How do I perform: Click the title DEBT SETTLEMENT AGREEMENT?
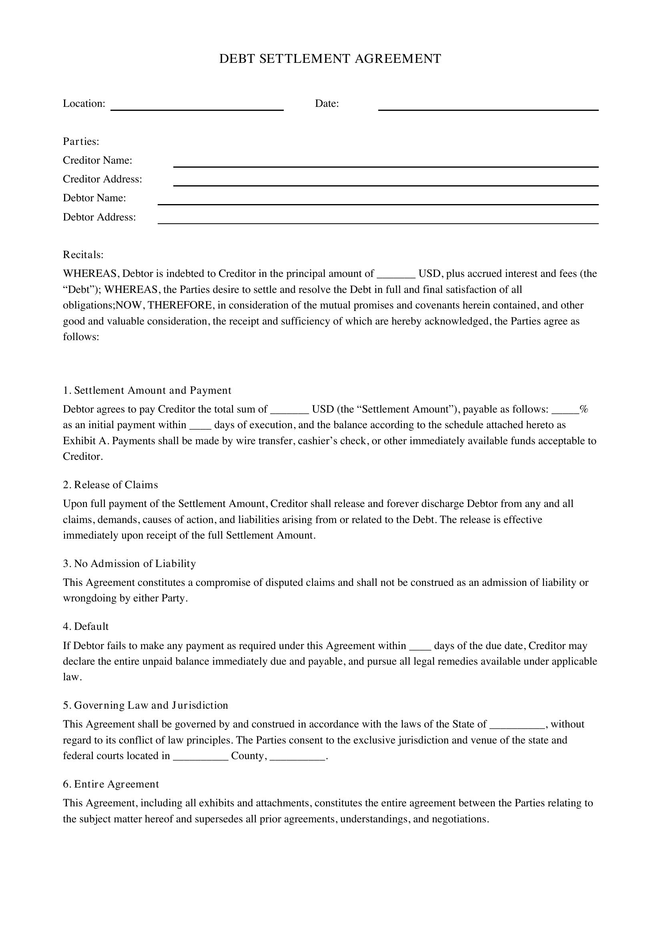pyautogui.click(x=330, y=59)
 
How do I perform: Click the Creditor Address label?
pyautogui.click(x=102, y=179)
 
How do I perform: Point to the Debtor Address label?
pyautogui.click(x=99, y=217)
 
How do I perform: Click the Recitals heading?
pyautogui.click(x=83, y=255)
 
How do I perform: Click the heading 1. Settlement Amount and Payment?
pyautogui.click(x=147, y=391)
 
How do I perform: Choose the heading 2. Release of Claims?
pyautogui.click(x=110, y=485)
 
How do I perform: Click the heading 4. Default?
pyautogui.click(x=86, y=626)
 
